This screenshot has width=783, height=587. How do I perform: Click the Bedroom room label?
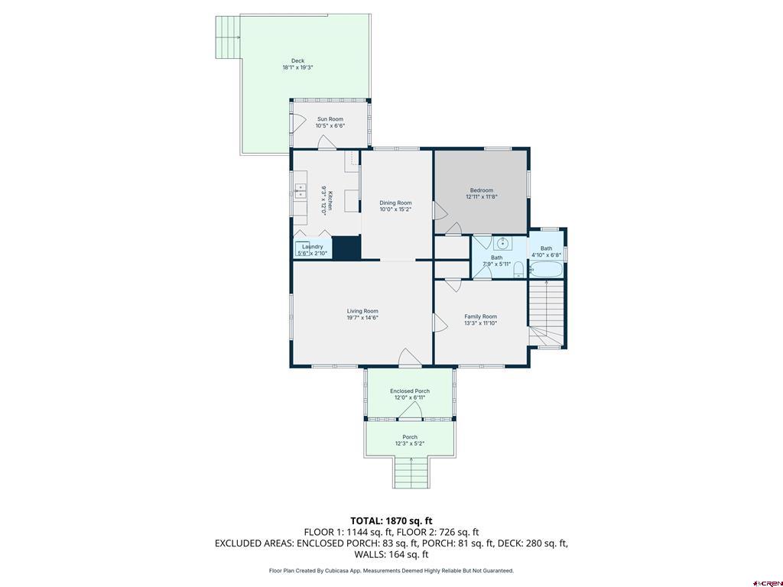481,190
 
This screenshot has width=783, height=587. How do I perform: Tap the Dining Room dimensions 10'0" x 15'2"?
396,209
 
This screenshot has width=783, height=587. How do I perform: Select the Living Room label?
362,311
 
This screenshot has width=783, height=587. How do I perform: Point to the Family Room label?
480,316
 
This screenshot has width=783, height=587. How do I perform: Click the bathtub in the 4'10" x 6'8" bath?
547,270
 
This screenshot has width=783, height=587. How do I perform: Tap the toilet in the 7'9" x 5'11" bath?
518,268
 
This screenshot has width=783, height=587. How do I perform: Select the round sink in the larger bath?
502,244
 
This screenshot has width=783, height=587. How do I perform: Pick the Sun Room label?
330,119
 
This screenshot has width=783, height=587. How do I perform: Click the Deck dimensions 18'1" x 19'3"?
297,67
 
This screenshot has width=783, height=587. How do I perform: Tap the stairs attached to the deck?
227,38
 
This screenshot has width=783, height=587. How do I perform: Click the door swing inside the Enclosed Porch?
412,412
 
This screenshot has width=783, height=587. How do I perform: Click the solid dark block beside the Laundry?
346,248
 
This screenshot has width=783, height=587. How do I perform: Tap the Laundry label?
312,246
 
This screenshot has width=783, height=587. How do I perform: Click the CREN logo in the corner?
766,581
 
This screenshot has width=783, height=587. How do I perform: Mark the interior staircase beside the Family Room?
547,313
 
